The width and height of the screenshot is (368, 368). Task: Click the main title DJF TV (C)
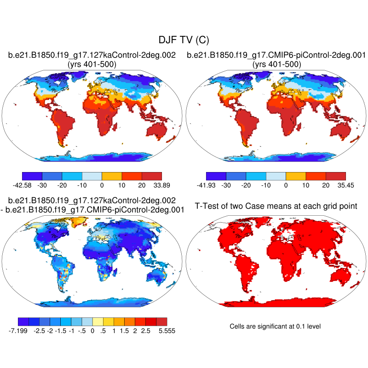coord(184,40)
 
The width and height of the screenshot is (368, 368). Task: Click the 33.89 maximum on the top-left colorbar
coord(162,186)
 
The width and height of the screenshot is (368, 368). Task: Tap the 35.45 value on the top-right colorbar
coord(345,186)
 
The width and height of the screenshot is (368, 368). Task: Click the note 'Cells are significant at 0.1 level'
coord(275,326)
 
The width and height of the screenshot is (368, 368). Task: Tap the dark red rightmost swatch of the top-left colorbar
coord(152,176)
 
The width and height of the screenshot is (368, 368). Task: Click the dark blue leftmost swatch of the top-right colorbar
coord(216,176)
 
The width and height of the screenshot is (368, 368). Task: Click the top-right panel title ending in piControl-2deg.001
coord(276,56)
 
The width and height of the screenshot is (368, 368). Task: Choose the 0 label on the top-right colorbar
coord(286,186)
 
